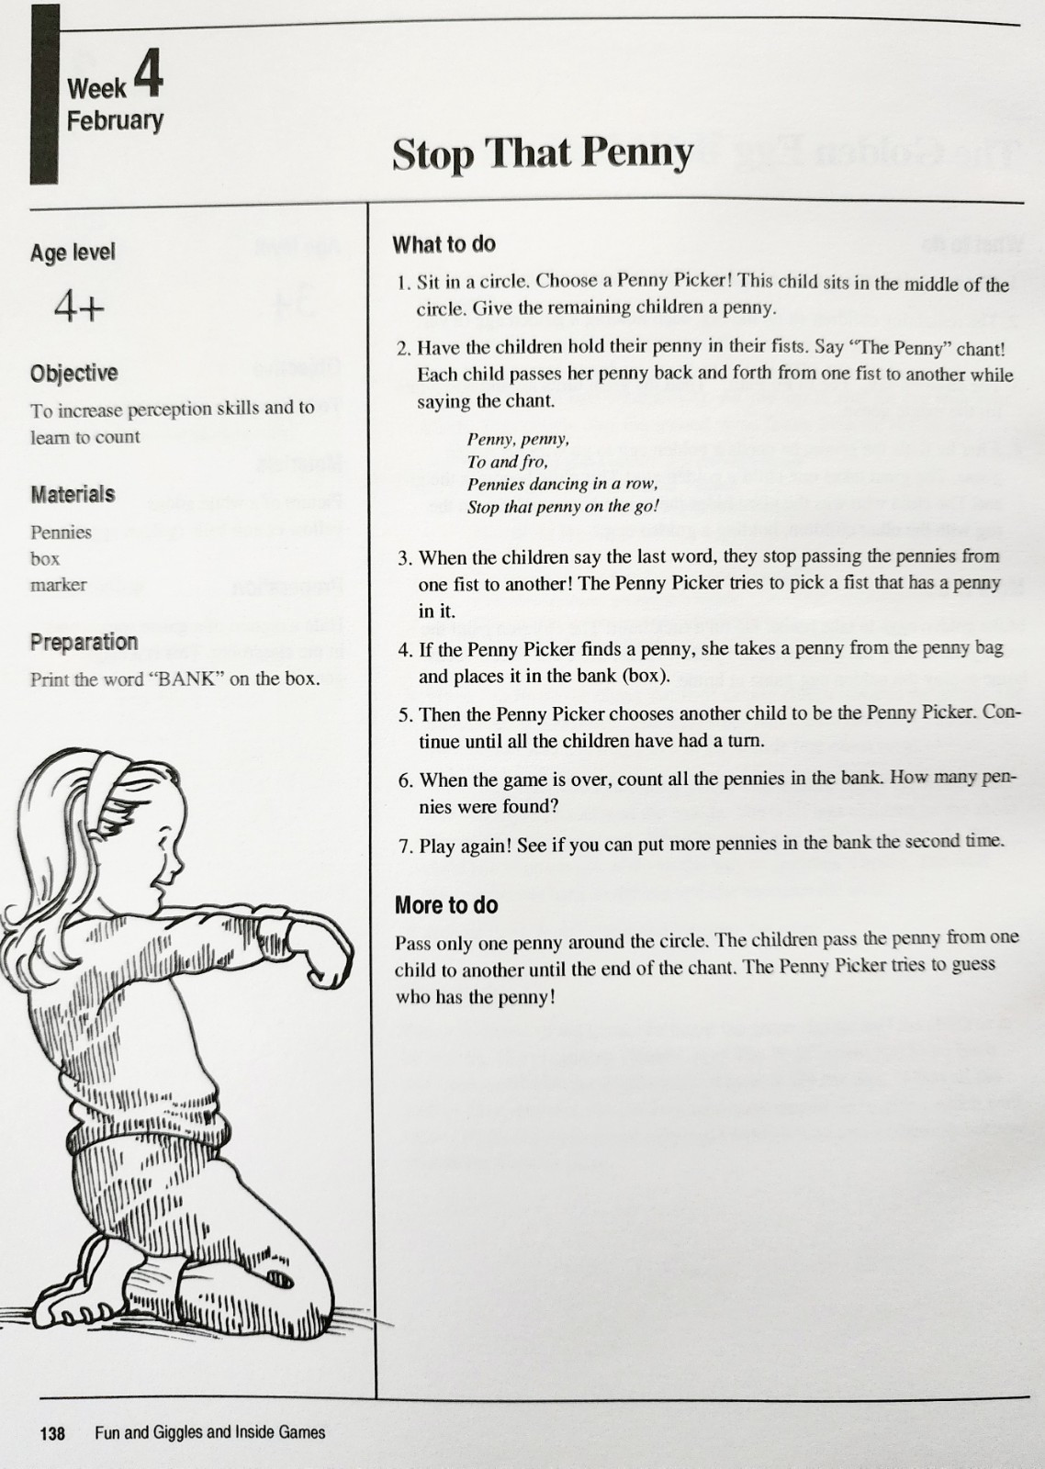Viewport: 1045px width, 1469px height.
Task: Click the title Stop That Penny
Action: [x=542, y=153]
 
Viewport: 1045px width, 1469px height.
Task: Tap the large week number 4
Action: [x=148, y=75]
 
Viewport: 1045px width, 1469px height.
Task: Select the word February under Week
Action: [x=115, y=120]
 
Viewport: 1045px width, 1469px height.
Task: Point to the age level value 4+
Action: [x=79, y=305]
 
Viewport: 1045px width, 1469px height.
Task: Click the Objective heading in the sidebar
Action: [x=73, y=373]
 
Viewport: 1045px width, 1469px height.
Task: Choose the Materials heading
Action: [x=73, y=494]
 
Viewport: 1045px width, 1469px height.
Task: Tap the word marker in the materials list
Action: [x=58, y=585]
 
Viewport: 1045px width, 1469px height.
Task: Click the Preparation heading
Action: [x=84, y=642]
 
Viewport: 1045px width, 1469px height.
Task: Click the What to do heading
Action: [x=444, y=244]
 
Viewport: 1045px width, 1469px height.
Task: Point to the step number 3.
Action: [x=405, y=558]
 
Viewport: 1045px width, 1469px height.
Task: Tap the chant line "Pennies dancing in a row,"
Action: [x=562, y=484]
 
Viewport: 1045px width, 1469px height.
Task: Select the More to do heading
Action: [x=446, y=905]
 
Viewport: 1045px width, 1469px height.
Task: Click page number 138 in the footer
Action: [x=53, y=1432]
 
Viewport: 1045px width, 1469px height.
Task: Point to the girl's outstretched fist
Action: [x=326, y=959]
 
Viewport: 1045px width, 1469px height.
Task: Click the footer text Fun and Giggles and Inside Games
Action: [x=209, y=1432]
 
